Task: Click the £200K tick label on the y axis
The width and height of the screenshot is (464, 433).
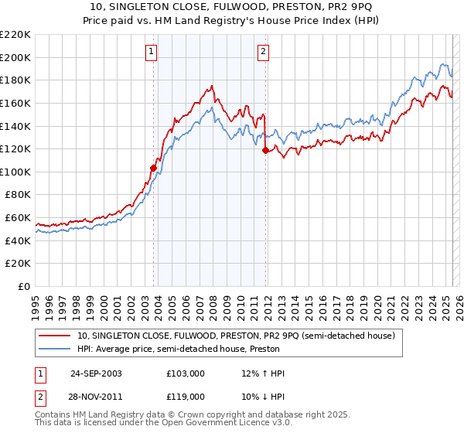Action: point(15,57)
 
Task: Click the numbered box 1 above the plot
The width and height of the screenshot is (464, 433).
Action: point(151,52)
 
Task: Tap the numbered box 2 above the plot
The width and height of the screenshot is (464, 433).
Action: point(263,52)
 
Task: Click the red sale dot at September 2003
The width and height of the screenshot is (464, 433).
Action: point(154,167)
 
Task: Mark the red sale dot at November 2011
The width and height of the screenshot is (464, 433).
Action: point(265,150)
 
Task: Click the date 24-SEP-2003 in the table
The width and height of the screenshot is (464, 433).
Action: point(96,373)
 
